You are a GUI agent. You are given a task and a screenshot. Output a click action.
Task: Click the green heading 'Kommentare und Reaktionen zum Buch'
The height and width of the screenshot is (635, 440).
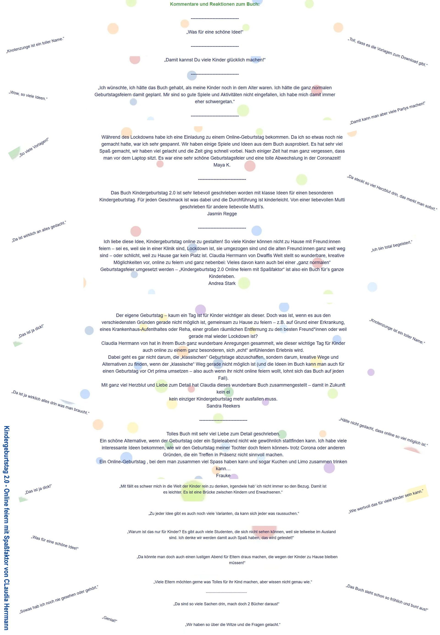214,4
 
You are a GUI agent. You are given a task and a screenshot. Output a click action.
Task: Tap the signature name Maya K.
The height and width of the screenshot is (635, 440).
222,165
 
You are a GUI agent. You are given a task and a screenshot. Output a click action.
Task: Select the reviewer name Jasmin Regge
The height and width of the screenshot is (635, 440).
222,213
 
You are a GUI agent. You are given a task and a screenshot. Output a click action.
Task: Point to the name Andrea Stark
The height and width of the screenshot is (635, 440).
222,283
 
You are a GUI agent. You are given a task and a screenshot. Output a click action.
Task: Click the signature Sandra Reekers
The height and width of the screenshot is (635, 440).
223,406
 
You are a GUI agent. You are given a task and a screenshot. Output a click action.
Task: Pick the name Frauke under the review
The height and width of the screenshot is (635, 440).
223,475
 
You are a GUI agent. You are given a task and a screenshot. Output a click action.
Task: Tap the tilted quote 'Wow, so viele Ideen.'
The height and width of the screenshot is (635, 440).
28,95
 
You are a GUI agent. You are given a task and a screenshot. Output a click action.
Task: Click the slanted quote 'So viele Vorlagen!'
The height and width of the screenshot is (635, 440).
34,147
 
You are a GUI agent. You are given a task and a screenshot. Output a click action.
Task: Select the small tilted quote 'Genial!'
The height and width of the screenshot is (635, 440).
110,619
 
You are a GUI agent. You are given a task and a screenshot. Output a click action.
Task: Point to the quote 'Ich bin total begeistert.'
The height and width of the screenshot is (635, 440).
391,246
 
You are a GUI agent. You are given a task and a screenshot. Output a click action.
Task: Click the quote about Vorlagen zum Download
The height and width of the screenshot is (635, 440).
388,52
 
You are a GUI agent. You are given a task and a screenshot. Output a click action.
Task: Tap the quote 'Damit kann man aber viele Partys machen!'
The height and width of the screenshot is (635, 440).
388,113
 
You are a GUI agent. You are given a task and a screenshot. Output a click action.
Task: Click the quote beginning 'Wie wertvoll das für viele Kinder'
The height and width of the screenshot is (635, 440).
386,501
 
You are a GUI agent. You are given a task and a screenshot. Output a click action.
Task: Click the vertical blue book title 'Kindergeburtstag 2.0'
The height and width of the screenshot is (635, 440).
7,528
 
